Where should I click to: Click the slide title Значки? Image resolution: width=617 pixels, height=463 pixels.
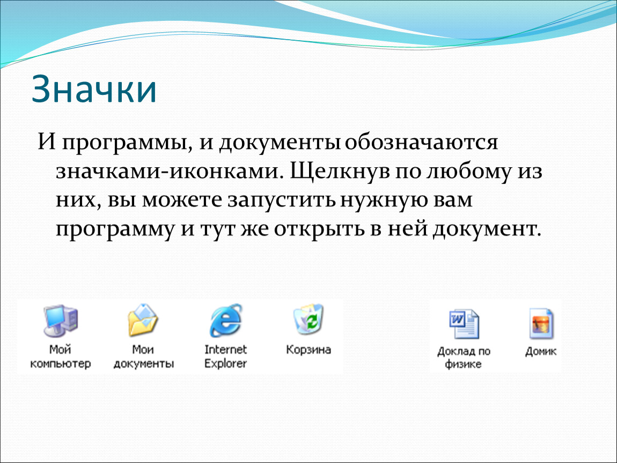[94, 89]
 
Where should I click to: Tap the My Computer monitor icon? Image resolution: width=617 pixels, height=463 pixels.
[61, 320]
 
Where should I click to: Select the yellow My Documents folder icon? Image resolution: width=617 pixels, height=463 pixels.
[142, 320]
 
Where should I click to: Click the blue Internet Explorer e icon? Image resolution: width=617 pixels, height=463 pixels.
[225, 320]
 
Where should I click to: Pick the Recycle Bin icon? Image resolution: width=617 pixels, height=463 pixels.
[308, 319]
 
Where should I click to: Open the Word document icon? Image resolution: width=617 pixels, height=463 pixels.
[464, 324]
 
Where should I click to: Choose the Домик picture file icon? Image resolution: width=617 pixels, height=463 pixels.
[541, 324]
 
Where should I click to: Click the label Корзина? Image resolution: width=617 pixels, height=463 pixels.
[308, 349]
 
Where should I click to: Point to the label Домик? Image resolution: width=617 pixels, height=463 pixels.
[541, 351]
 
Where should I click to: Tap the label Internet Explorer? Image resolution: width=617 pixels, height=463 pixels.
[225, 356]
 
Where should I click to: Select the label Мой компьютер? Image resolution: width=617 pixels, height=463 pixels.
[61, 356]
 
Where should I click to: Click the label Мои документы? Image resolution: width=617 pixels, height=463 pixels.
[143, 356]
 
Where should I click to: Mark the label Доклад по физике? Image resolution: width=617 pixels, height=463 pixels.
[464, 357]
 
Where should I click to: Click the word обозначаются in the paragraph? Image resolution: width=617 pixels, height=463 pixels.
[421, 142]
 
